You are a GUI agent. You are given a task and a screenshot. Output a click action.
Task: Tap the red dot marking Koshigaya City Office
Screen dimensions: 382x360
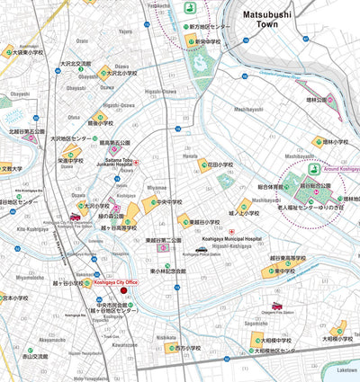click(124, 290)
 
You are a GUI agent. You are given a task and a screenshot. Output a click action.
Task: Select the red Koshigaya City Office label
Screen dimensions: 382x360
click(116, 282)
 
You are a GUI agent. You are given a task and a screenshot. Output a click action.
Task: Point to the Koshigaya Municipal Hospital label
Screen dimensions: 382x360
click(231, 239)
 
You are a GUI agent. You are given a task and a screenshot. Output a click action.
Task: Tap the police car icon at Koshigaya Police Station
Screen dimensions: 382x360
click(202, 249)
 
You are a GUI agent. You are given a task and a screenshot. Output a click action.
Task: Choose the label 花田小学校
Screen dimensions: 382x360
click(220, 165)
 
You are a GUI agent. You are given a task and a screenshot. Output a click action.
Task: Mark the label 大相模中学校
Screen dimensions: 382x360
click(274, 341)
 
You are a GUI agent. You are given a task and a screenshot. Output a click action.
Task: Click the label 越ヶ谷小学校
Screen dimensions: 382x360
click(69, 282)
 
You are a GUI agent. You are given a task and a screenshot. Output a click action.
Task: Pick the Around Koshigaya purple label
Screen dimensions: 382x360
click(337, 170)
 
